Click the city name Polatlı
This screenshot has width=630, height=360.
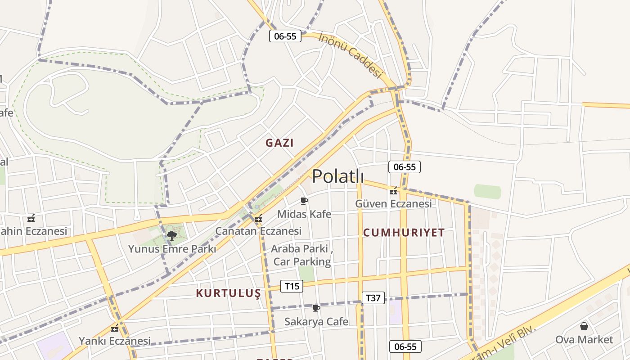(338, 176)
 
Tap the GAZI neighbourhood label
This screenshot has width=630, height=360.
(279, 143)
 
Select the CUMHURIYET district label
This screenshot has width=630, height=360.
(404, 233)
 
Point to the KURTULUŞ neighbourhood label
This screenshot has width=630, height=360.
(228, 293)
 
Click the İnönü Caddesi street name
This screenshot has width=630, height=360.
(350, 54)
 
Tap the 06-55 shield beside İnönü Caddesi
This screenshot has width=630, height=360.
(285, 36)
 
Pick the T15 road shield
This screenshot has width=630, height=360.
(292, 286)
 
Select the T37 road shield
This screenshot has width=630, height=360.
(373, 297)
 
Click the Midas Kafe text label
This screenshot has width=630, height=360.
(304, 214)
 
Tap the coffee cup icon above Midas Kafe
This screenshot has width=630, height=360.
(304, 201)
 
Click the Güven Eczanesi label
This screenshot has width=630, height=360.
(393, 204)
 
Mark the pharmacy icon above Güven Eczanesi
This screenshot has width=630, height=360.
(394, 191)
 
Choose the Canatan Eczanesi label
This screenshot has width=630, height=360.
(258, 231)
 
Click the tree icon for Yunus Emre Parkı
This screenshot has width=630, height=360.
(171, 235)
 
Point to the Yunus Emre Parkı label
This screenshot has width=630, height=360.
(172, 249)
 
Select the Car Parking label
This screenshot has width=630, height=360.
(302, 261)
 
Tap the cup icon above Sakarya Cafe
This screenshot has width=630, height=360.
(316, 308)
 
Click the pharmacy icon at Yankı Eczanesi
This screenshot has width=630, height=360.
(115, 328)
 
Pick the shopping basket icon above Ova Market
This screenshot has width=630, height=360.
(584, 326)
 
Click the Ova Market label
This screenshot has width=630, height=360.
(584, 339)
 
